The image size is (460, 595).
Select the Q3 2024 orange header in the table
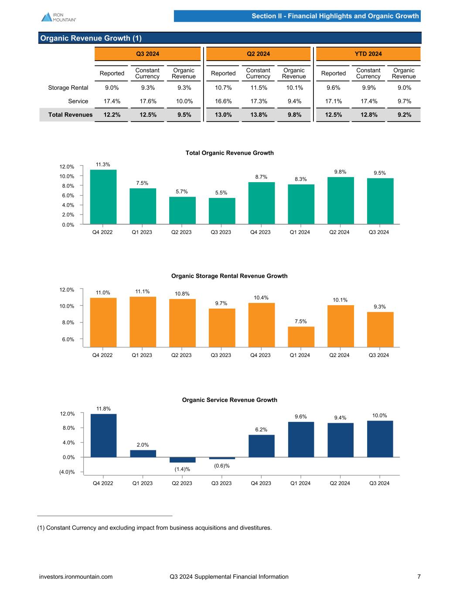tap(147, 54)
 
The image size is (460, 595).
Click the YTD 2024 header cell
tap(368, 54)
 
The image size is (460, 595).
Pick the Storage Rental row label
tap(68, 88)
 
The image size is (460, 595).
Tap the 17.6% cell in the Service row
tap(147, 101)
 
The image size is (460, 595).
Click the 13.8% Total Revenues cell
tap(258, 115)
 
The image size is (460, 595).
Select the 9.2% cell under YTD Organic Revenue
tap(404, 115)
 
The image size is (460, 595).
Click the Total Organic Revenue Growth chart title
tap(229, 153)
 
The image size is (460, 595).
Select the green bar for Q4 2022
tap(103, 197)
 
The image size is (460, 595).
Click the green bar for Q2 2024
tap(340, 201)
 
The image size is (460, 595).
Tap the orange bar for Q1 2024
tap(301, 337)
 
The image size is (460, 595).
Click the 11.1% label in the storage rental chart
tap(143, 292)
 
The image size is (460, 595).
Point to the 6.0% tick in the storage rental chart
tap(67, 339)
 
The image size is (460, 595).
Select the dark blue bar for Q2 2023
tap(182, 460)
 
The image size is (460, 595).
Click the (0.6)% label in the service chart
tap(222, 466)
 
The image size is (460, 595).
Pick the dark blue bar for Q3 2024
tap(380, 439)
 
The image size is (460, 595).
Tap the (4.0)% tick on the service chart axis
tap(67, 472)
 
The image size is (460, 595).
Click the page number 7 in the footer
tap(419, 577)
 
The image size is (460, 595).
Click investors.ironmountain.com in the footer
tap(76, 577)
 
